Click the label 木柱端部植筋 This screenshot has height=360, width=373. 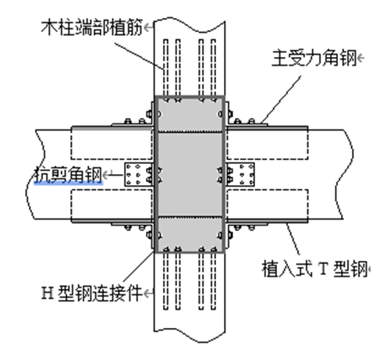point(92,27)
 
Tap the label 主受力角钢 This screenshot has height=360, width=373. point(314,58)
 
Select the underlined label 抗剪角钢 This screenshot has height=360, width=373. point(68,174)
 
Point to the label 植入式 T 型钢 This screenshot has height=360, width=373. point(314,269)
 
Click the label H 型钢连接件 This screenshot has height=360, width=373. point(92,293)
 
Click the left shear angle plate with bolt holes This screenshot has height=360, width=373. point(138,174)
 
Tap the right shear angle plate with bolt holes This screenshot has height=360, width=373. point(240,174)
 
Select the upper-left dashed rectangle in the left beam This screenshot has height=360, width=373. point(112,144)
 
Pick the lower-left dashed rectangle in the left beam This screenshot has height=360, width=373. point(112,205)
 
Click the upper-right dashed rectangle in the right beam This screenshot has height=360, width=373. point(267,144)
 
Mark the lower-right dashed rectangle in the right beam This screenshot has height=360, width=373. point(267,205)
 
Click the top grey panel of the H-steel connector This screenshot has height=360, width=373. point(190,115)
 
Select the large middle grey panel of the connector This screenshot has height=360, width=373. point(190,174)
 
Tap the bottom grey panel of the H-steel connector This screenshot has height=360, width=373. point(190,234)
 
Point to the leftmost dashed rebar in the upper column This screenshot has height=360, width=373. point(165,68)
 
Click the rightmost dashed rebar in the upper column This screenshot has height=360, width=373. point(214,68)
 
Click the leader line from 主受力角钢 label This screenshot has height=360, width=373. point(281,99)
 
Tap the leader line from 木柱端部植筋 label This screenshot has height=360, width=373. point(139,56)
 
